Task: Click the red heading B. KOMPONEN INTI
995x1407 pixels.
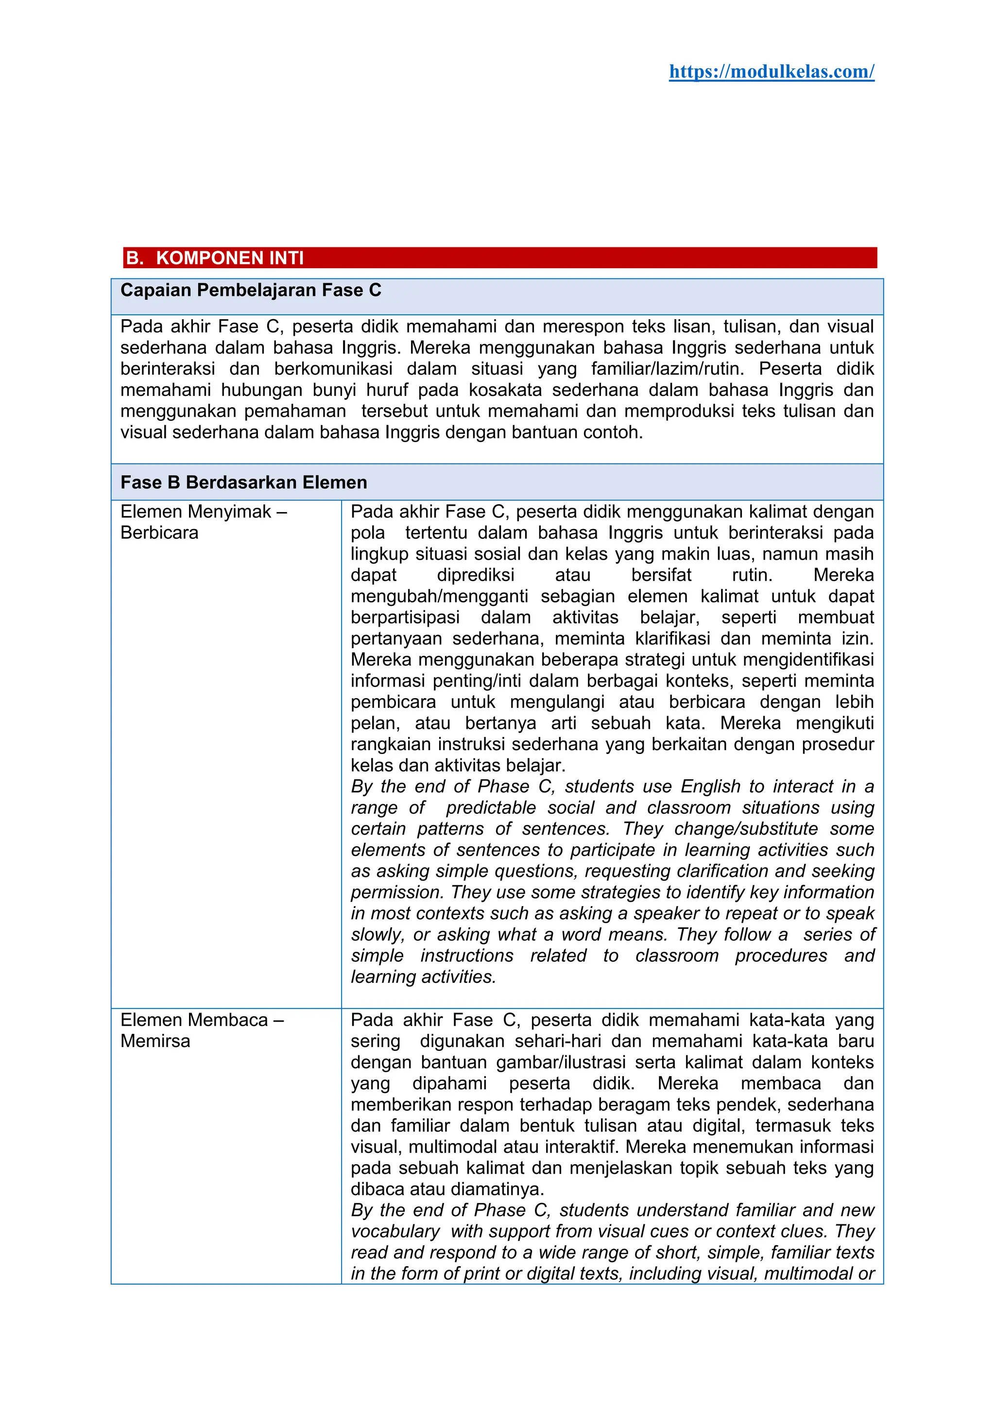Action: click(x=215, y=258)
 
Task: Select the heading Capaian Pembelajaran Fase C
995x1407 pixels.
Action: click(x=251, y=290)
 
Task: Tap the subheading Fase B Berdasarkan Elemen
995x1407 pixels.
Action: click(x=243, y=482)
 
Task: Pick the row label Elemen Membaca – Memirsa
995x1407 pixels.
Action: click(x=202, y=1030)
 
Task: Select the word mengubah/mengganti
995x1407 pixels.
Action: click(x=439, y=596)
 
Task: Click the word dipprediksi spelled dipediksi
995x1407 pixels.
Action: click(x=476, y=575)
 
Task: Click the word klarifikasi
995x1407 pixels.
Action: click(x=672, y=638)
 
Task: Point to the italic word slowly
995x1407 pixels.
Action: click(x=376, y=935)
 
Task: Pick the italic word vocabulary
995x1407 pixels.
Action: click(x=395, y=1231)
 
